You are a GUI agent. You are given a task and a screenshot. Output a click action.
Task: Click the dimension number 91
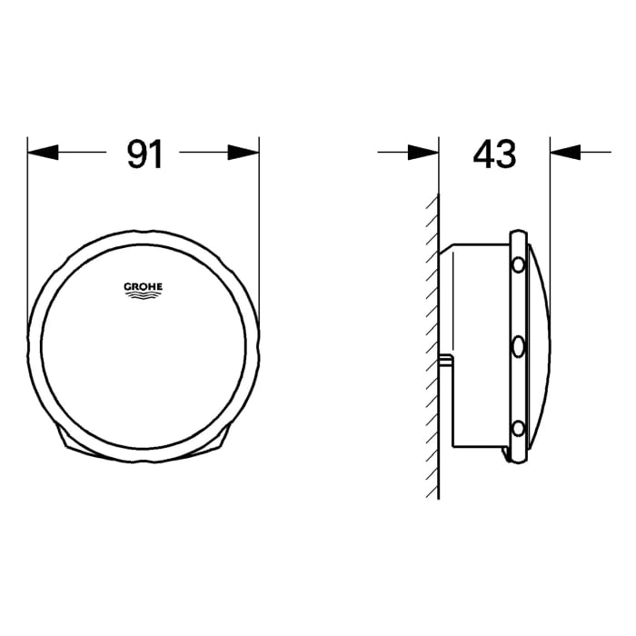pos(144,154)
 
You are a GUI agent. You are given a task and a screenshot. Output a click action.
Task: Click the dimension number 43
pos(494,154)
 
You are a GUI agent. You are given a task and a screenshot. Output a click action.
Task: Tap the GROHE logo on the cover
pos(144,290)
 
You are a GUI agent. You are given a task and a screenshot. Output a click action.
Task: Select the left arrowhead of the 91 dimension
pos(43,152)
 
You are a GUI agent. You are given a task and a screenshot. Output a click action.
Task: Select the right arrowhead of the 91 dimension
pos(243,152)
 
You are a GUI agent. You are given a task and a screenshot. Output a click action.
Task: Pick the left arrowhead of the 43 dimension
pos(423,152)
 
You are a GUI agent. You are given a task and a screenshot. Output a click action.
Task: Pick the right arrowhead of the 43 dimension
pos(565,152)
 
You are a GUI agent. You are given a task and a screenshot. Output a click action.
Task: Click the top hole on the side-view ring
pos(518,265)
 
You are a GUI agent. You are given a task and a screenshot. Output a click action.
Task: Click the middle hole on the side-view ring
pos(518,347)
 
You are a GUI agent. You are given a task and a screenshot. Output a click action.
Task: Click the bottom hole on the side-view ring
pos(518,429)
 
